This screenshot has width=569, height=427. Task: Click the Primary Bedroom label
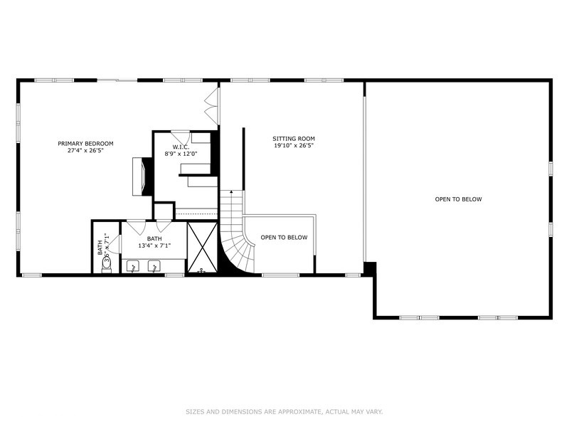tap(85, 143)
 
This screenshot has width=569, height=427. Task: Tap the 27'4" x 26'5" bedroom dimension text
tap(85, 151)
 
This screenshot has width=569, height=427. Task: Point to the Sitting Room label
tap(294, 139)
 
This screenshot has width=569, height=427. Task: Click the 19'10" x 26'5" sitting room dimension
tap(294, 146)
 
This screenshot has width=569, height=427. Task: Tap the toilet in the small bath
tap(107, 262)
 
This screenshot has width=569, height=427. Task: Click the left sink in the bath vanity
tap(133, 267)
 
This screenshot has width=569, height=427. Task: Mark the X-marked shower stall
tap(201, 248)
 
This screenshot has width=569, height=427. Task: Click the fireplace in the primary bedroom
tap(142, 175)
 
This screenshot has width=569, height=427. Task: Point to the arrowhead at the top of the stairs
tap(230, 192)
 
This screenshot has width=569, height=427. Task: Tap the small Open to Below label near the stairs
tap(284, 238)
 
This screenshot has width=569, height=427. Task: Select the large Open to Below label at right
tap(458, 199)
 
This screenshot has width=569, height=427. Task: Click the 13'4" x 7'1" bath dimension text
tap(154, 246)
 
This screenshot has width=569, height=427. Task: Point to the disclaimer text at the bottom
tap(284, 411)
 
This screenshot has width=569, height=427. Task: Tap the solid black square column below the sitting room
tap(368, 269)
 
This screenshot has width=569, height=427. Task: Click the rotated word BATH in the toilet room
tap(100, 247)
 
